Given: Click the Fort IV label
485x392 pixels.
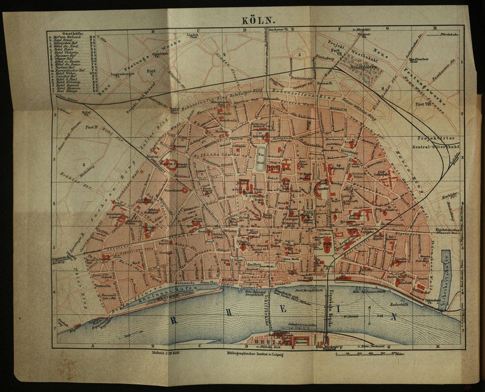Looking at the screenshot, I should click(x=91, y=127).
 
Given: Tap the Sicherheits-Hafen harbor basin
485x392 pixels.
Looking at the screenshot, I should click(x=444, y=279).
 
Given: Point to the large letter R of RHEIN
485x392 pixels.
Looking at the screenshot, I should click(x=174, y=320).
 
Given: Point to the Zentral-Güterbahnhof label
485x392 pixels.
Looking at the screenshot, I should click(x=436, y=147).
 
